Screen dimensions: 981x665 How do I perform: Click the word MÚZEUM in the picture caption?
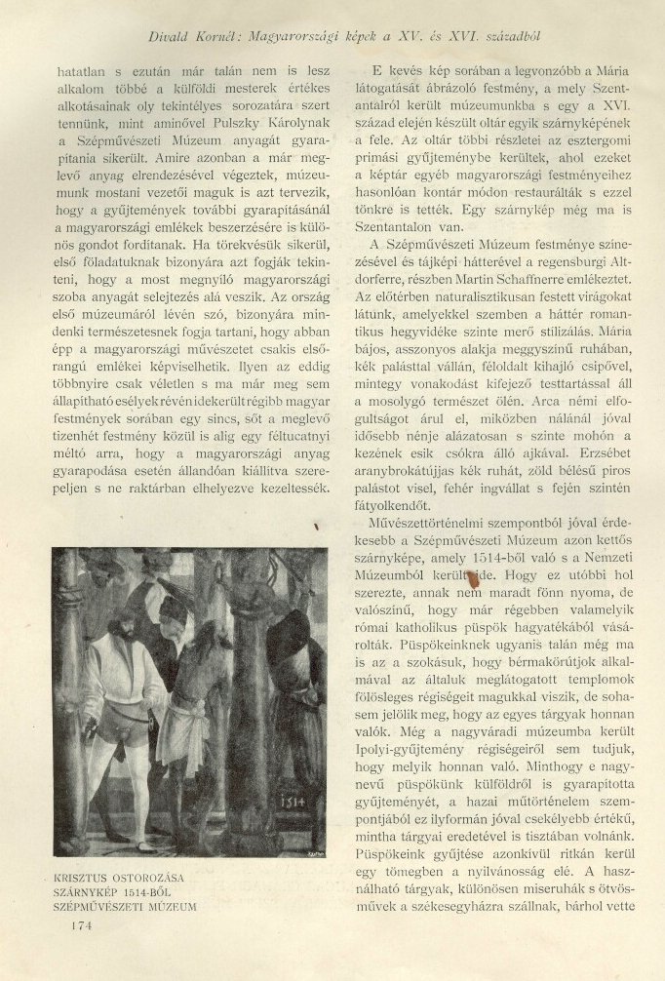tap(172, 906)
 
